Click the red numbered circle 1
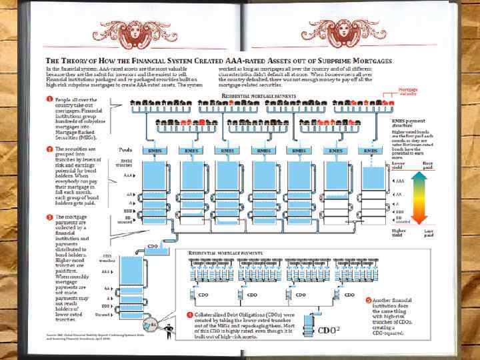pos(49,99)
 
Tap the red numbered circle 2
pos(49,149)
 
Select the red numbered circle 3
pos(49,217)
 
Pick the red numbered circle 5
pos(370,300)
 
